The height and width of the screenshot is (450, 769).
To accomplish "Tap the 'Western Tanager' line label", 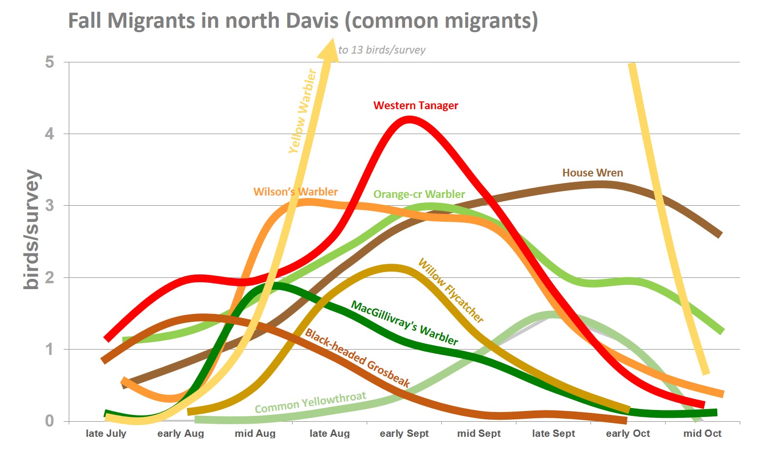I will pos(415,105).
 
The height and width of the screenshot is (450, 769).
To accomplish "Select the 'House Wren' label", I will pos(592,173).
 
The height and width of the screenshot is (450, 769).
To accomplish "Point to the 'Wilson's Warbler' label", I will pos(295,192).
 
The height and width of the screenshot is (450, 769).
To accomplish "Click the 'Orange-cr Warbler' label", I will pos(419,194).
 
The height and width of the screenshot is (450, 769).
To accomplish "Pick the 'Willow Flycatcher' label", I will pos(451,291).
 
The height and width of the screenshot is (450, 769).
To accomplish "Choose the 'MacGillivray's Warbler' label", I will pos(405,323).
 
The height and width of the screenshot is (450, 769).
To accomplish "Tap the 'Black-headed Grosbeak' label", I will pos(357,358).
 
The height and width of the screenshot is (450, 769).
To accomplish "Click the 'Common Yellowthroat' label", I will pos(310,403).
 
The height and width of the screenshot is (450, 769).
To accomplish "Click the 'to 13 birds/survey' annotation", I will pos(382,50).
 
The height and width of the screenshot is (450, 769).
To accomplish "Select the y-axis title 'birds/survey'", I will pos(32,229).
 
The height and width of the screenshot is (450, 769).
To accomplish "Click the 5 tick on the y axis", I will pos(49,62).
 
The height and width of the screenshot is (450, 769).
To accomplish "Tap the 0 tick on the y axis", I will pos(49,421).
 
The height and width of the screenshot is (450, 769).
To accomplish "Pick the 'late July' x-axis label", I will pos(106,433).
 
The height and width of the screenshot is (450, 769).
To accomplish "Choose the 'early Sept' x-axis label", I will pos(404,433).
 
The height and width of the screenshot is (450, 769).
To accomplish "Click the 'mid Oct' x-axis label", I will pos(702,433).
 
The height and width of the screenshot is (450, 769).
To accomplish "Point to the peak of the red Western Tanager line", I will pos(409,119).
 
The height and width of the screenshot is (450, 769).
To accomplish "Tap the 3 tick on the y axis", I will pos(49,205).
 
